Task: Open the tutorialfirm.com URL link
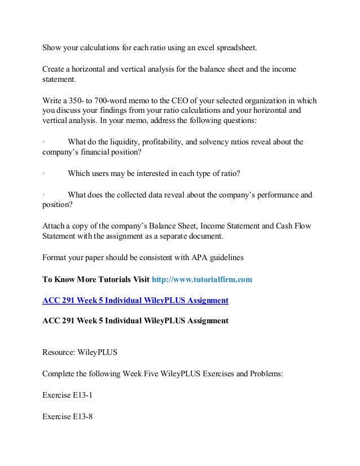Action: pyautogui.click(x=202, y=279)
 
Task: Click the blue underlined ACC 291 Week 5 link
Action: pyautogui.click(x=135, y=300)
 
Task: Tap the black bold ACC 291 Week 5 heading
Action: pyautogui.click(x=135, y=321)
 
